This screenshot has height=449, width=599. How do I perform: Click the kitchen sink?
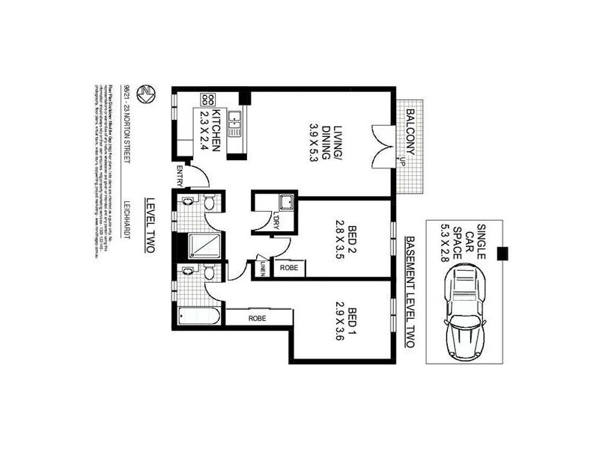point(234,121)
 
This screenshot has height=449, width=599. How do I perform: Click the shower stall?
point(202,245)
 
